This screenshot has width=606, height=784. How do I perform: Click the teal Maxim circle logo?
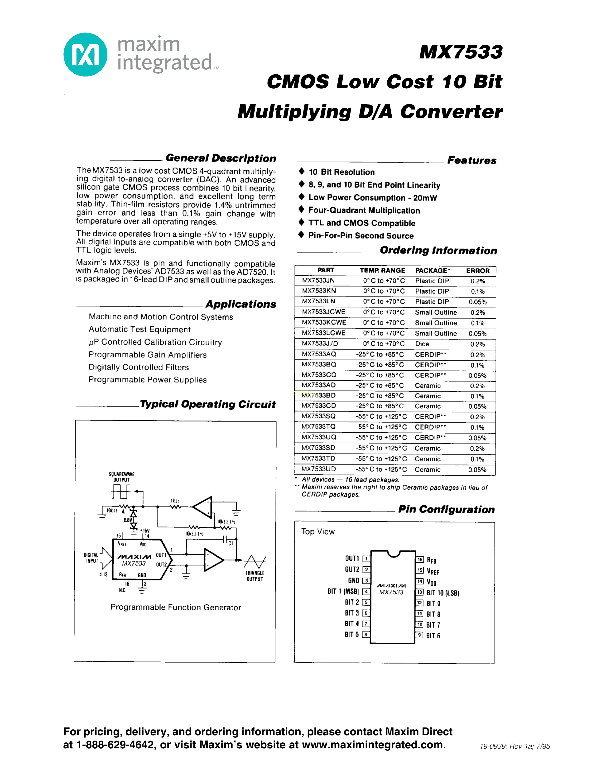[86, 55]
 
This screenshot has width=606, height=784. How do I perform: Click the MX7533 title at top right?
[461, 52]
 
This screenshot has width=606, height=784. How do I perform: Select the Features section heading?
[472, 160]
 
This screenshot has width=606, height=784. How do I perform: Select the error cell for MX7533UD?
[477, 469]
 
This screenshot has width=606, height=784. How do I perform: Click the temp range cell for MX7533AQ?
[380, 354]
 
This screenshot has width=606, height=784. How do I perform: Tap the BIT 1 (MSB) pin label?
[343, 591]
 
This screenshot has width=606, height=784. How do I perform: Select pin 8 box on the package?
[366, 634]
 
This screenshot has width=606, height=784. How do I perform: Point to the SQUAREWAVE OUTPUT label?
[121, 477]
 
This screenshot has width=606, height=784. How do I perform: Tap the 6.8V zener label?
[128, 520]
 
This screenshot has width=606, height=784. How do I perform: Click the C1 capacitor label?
[231, 544]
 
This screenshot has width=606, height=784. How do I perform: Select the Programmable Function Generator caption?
[176, 607]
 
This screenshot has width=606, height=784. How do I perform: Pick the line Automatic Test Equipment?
[140, 330]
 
